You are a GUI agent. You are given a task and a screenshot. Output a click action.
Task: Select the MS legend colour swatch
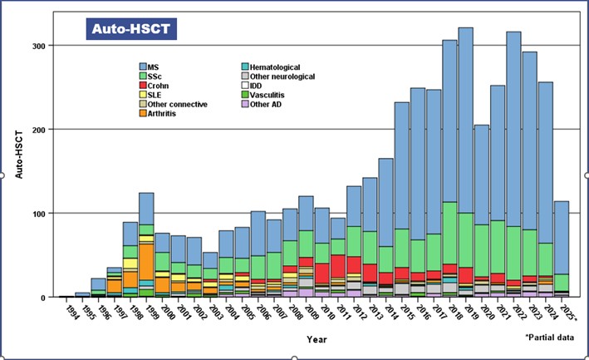coord(144,67)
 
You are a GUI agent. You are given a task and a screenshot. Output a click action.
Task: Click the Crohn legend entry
coord(144,86)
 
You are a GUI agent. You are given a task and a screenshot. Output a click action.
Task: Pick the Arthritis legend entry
coord(144,113)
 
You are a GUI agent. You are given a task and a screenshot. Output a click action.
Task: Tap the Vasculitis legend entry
coord(246,95)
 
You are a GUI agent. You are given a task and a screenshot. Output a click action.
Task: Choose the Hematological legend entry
coord(246,67)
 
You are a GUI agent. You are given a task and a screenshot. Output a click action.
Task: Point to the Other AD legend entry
coord(246,104)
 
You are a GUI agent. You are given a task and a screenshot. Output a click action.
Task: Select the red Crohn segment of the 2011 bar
coord(341,267)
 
